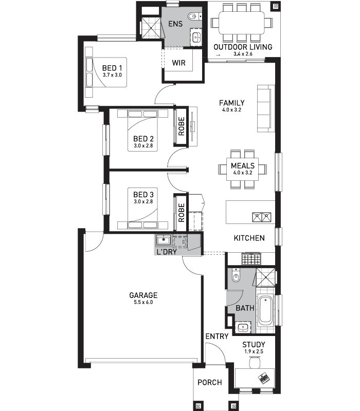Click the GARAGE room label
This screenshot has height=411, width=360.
click(143, 295)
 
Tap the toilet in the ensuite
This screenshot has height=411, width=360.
click(194, 16)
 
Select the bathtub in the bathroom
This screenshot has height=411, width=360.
click(265, 310)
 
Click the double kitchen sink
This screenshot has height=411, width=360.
click(262, 217)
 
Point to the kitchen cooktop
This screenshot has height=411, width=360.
click(251, 259)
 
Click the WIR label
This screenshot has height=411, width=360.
click(178, 63)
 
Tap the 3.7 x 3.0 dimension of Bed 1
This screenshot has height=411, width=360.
click(112, 75)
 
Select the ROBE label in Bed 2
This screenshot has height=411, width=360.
click(182, 126)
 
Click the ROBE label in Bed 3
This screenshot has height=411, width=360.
click(182, 213)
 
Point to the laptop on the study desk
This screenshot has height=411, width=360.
click(264, 378)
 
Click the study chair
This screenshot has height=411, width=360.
click(255, 363)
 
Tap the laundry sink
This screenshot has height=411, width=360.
click(164, 240)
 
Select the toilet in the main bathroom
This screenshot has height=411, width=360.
click(236, 275)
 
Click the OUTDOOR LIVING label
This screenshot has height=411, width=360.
click(243, 47)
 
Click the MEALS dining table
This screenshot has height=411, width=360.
click(242, 169)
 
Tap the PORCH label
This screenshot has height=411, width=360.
click(210, 382)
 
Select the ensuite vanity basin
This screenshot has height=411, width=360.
click(196, 37)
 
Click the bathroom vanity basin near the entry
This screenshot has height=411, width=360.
click(243, 327)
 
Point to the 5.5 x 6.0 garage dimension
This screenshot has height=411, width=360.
click(143, 302)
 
